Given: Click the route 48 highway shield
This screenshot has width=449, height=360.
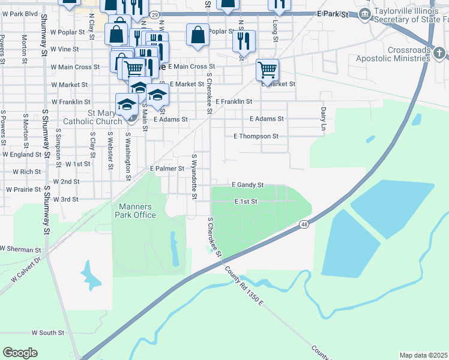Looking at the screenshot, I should [x=304, y=224].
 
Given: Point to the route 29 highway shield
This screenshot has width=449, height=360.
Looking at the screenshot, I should [x=154, y=14].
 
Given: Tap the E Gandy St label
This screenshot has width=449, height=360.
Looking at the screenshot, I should [x=248, y=185].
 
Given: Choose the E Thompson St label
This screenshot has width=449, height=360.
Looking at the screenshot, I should [x=256, y=136].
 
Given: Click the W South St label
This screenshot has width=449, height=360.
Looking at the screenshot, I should [x=48, y=332].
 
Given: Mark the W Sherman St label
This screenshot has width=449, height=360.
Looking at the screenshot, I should [x=20, y=249].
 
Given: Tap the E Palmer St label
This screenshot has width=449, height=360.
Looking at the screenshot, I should [x=166, y=169].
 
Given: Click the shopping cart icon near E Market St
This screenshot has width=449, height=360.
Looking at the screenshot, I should [x=267, y=69].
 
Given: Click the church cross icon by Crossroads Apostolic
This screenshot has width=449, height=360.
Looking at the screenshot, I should [x=439, y=53].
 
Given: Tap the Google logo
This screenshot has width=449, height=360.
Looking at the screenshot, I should [x=20, y=353].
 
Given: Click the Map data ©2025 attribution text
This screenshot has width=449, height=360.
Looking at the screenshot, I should [x=424, y=355].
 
